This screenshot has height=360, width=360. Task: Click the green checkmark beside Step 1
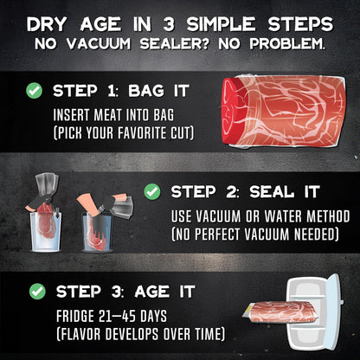click(34, 91)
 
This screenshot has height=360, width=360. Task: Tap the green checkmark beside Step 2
click(152, 191)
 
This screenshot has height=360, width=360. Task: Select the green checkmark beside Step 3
click(37, 292)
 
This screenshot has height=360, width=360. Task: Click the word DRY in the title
click(47, 24)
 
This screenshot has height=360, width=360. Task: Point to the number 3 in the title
click(169, 24)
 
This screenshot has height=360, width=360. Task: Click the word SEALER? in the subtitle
click(174, 43)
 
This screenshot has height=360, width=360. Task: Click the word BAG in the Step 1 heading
click(146, 91)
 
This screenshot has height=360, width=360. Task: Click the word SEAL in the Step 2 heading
click(272, 192)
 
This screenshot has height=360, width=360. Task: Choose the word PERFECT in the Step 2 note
click(219, 234)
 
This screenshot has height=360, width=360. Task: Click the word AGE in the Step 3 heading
click(152, 292)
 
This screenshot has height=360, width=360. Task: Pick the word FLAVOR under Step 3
click(80, 334)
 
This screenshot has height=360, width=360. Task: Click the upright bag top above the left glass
click(46, 183)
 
